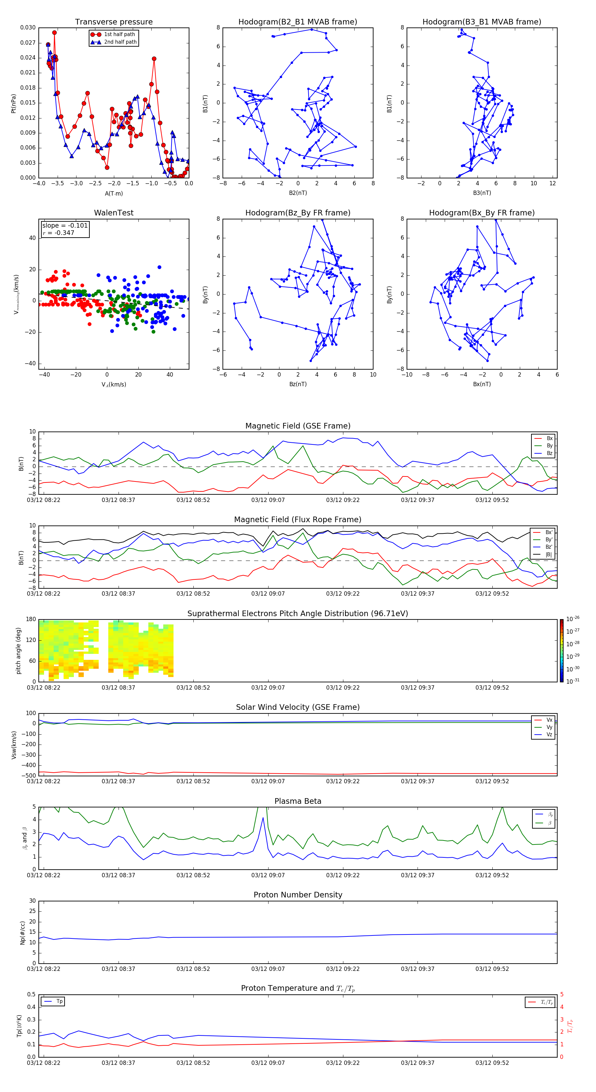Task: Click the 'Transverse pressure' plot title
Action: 114,22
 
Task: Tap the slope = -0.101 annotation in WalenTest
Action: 65,226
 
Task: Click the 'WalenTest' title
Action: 114,213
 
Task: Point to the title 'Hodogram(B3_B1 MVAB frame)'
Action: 481,22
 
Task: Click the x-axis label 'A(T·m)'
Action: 114,194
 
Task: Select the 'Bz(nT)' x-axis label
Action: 298,384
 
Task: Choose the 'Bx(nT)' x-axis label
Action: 482,384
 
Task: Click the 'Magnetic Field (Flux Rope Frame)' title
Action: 298,520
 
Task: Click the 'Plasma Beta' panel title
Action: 298,801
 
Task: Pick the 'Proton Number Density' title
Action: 298,895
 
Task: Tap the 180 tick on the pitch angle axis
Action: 31,619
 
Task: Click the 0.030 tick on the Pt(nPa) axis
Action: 28,27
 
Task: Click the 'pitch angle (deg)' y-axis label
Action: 19,651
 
